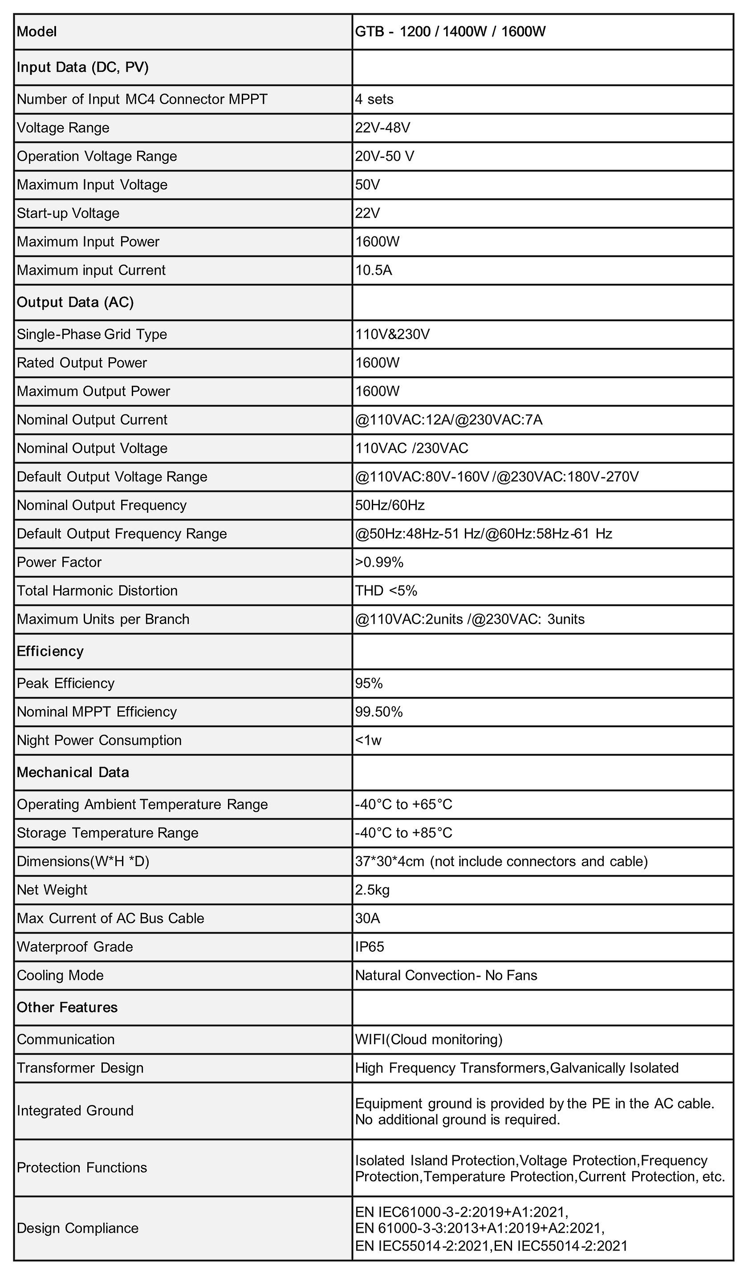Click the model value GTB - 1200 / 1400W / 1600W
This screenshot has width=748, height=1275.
450,32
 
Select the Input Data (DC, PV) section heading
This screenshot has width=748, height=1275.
82,67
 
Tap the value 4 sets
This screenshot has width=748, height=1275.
374,99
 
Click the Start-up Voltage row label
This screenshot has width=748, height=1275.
68,213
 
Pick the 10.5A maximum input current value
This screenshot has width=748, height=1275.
374,270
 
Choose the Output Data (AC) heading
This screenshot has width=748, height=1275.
75,302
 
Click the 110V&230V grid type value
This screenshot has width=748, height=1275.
392,334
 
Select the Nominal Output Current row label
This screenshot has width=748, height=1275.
92,419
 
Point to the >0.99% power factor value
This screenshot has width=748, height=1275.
379,562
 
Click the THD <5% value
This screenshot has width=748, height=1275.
386,590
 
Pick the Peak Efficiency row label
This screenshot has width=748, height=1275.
65,683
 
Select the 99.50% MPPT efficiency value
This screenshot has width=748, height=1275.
378,712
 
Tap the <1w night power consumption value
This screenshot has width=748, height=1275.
368,740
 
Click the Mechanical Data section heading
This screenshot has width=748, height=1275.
73,772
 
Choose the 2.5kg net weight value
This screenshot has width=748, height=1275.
372,889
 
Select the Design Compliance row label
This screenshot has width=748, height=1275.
77,1228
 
